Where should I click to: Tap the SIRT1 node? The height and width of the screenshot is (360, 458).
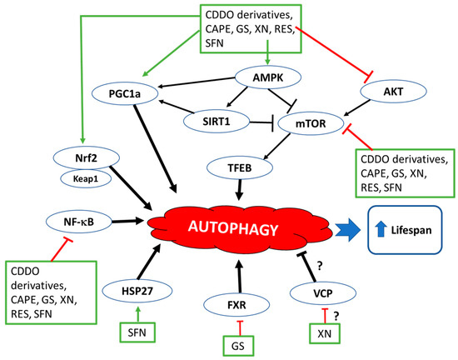click(210, 121)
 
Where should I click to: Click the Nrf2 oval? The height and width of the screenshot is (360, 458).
click(78, 156)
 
